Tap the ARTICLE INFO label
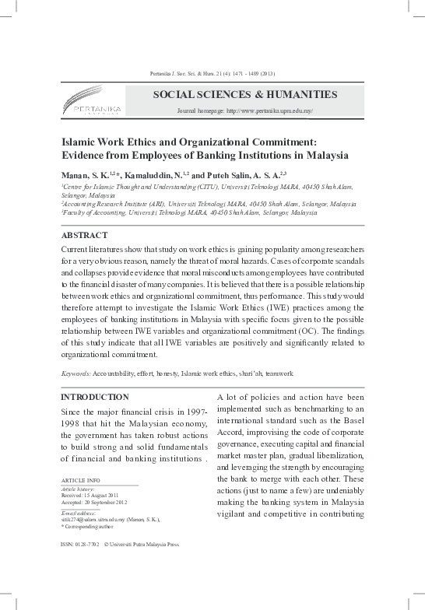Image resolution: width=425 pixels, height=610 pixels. [x=80, y=481]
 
